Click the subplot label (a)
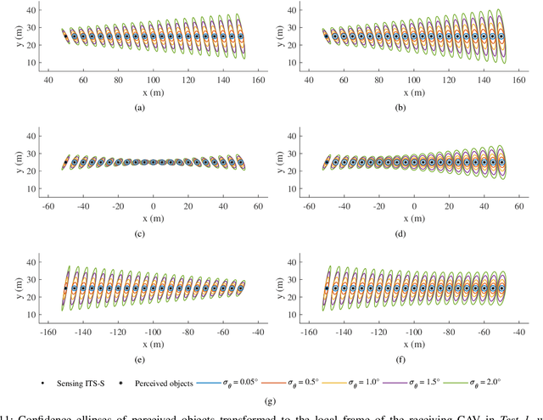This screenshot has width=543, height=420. (153, 108)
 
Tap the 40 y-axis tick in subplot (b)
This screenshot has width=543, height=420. (300, 9)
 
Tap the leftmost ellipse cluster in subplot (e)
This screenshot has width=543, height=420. (65, 288)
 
